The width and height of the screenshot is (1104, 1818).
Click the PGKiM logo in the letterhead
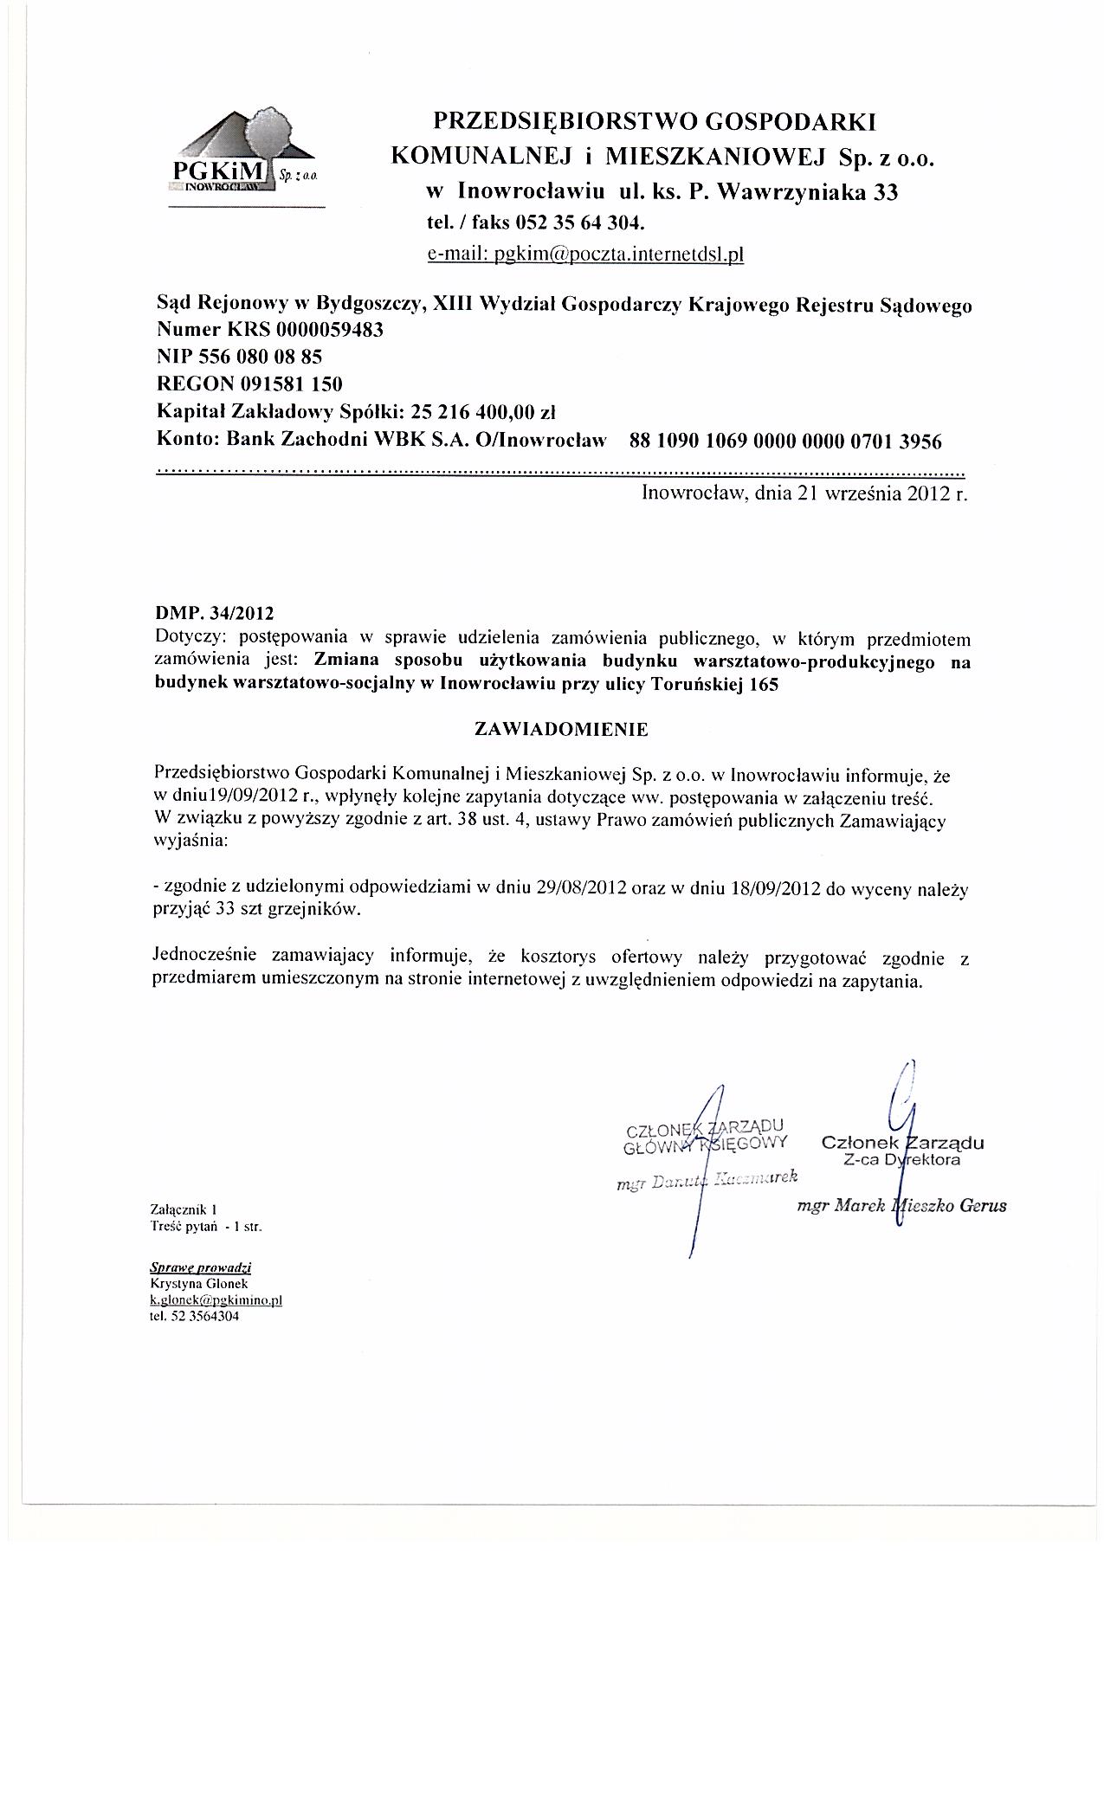coord(245,156)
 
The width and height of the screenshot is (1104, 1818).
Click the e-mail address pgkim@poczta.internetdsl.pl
coord(586,255)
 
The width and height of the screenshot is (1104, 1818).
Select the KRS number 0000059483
coord(332,331)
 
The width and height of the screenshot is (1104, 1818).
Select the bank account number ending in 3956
coord(785,442)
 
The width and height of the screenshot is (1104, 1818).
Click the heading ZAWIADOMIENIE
coord(561,729)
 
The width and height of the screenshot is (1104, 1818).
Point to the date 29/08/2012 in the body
coord(577,888)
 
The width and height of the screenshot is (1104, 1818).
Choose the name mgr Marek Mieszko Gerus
coord(901,1205)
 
